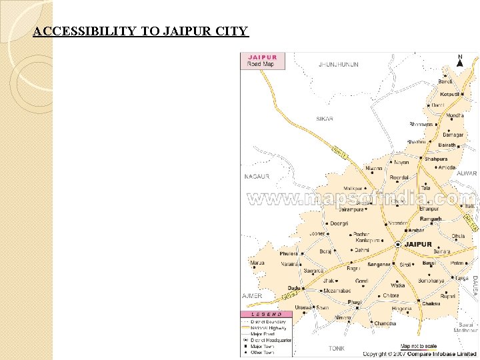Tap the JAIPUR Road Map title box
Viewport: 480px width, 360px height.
[x=263, y=61]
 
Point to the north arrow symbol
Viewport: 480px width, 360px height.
[x=460, y=61]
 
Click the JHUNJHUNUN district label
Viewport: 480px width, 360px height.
[x=338, y=65]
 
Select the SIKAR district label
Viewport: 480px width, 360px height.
[x=325, y=119]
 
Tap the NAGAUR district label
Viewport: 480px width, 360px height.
[x=257, y=177]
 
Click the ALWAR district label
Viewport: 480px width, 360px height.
[x=467, y=173]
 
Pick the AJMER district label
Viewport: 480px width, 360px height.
[x=252, y=295]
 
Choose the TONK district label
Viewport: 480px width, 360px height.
[x=337, y=348]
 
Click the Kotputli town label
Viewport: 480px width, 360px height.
[x=449, y=95]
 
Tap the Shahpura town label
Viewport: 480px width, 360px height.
[x=437, y=159]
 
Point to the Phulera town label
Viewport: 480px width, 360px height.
[x=289, y=254]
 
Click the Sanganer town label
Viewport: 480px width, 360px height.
[x=379, y=265]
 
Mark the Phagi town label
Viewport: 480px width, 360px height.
[x=355, y=302]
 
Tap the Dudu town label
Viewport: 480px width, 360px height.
[x=294, y=288]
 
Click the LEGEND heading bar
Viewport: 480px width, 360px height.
[x=266, y=314]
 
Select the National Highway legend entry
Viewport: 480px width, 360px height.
[x=269, y=328]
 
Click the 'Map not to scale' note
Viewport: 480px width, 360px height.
[x=418, y=346]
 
